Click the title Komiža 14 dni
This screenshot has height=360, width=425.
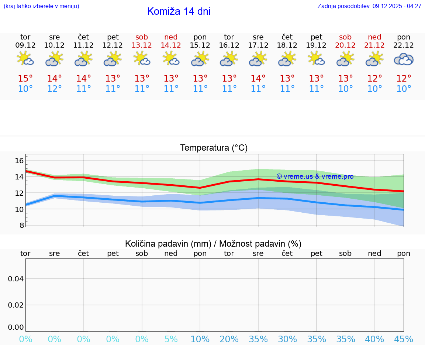coord(179,11)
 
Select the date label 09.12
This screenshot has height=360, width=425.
coord(25,45)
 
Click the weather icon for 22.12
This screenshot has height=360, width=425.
coord(404,59)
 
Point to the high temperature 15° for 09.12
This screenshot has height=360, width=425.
coord(25,79)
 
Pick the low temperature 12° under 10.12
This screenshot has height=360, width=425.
coord(55,89)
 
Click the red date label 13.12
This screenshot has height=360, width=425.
coord(142,45)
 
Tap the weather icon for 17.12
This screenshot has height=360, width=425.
coord(258,59)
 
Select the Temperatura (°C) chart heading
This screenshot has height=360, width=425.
coord(214,148)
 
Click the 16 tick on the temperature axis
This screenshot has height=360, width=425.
coord(19,161)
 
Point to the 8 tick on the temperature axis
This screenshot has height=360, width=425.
coord(21,225)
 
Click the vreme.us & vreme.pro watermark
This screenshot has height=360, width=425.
coord(315,176)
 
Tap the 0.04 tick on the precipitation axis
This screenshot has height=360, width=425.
coord(16,279)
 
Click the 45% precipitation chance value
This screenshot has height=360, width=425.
coord(404,339)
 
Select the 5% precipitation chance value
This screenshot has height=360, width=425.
coord(171,339)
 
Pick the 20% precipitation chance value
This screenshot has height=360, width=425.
coord(229,339)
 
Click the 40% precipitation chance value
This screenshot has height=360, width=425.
coord(374,339)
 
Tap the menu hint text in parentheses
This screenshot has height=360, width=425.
coord(41,6)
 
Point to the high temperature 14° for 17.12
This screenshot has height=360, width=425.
coord(258,79)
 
